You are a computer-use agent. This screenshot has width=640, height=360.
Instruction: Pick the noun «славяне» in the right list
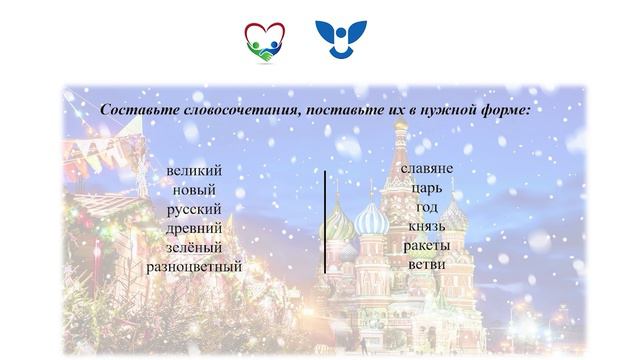click(x=427, y=168)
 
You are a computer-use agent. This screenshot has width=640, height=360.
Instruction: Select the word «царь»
click(x=427, y=187)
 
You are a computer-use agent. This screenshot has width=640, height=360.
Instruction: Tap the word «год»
click(x=427, y=206)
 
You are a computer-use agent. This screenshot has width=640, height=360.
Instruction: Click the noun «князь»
click(x=427, y=225)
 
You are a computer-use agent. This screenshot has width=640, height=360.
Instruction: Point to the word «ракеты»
click(x=427, y=244)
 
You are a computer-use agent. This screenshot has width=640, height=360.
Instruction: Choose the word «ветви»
click(x=427, y=263)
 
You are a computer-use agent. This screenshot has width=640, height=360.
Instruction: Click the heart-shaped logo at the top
click(x=264, y=42)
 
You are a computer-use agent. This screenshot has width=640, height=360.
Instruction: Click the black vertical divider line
click(x=324, y=221)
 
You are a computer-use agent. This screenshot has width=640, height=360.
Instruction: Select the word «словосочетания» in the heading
click(x=233, y=109)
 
